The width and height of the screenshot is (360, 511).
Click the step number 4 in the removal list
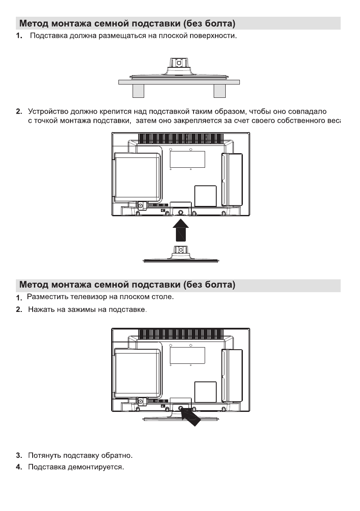[18, 466]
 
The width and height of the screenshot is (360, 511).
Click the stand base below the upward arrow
[181, 259]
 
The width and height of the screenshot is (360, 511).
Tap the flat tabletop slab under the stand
[178, 82]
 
